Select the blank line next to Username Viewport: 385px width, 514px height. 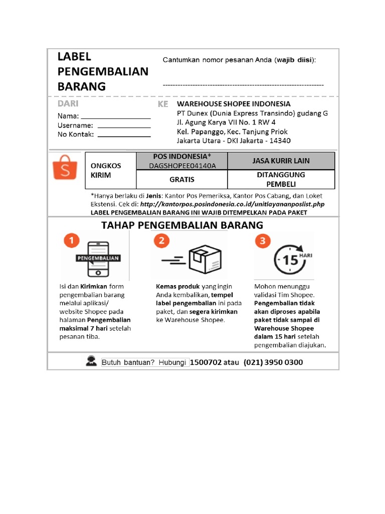124,127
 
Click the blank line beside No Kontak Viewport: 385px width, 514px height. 124,136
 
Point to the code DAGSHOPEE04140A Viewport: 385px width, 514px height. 181,166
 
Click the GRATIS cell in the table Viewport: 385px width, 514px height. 181,179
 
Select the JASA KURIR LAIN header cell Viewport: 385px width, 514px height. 281,161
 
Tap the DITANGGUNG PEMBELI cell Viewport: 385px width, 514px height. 281,179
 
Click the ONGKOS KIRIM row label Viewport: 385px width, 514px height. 106,171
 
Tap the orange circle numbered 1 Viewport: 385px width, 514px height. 72,241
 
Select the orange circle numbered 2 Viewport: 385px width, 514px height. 161,241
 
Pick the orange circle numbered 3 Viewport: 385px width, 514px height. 262,241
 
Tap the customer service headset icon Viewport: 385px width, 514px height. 91,361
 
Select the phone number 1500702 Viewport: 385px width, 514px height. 207,362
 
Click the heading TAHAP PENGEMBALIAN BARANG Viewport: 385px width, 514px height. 182,225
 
